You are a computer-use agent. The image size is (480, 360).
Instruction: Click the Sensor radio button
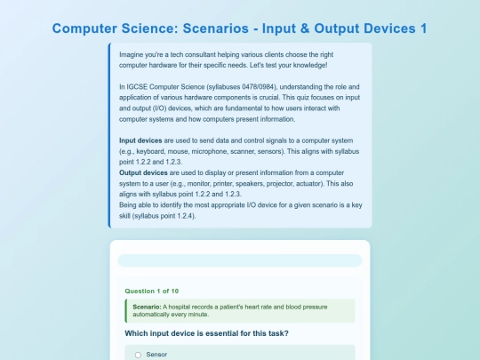tap(138, 355)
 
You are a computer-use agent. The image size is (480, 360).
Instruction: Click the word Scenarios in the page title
tap(215, 28)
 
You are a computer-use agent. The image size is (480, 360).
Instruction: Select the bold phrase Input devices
tap(140, 140)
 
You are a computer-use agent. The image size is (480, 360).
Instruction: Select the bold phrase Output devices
tap(143, 172)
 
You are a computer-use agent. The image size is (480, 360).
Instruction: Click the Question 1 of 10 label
tap(152, 292)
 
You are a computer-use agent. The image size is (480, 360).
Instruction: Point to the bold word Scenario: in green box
tap(147, 307)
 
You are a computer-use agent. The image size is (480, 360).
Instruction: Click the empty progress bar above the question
tap(240, 260)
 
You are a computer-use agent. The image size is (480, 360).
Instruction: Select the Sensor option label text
tap(156, 355)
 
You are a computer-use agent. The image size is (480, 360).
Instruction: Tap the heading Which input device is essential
tap(206, 333)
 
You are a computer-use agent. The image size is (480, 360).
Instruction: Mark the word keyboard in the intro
tap(150, 151)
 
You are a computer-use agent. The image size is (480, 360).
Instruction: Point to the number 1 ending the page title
tap(424, 28)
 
